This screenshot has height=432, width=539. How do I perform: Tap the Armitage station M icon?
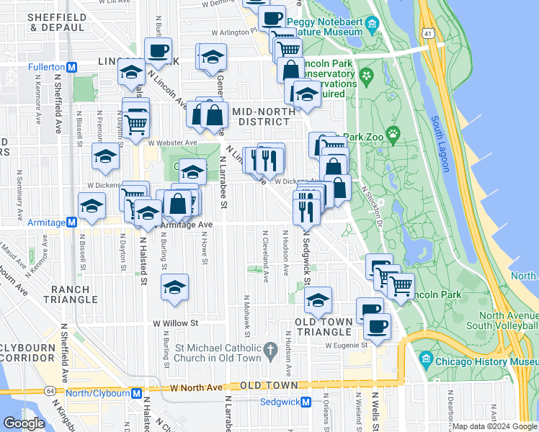click(71, 222)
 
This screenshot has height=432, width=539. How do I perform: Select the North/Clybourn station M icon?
click(136, 393)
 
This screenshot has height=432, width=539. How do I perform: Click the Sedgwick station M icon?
click(306, 402)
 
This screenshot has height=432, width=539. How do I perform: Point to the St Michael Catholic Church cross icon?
click(271, 351)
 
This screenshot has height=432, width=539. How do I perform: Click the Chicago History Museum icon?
click(425, 359)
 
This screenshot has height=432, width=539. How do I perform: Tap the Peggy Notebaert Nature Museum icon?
click(372, 27)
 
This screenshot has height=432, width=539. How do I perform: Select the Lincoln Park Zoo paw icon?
click(393, 133)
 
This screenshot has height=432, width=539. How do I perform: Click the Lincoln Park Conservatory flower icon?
click(366, 75)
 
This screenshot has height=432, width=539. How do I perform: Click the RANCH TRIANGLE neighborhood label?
click(70, 294)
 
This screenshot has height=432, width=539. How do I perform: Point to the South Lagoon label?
click(440, 144)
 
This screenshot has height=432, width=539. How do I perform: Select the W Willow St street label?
click(174, 323)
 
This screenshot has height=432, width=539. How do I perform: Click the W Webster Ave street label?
click(174, 143)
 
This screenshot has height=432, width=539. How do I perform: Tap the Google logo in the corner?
click(24, 423)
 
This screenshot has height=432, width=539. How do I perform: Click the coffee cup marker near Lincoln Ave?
click(158, 51)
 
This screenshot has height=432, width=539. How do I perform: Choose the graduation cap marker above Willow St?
click(174, 287)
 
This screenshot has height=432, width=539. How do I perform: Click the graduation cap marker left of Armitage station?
click(92, 206)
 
